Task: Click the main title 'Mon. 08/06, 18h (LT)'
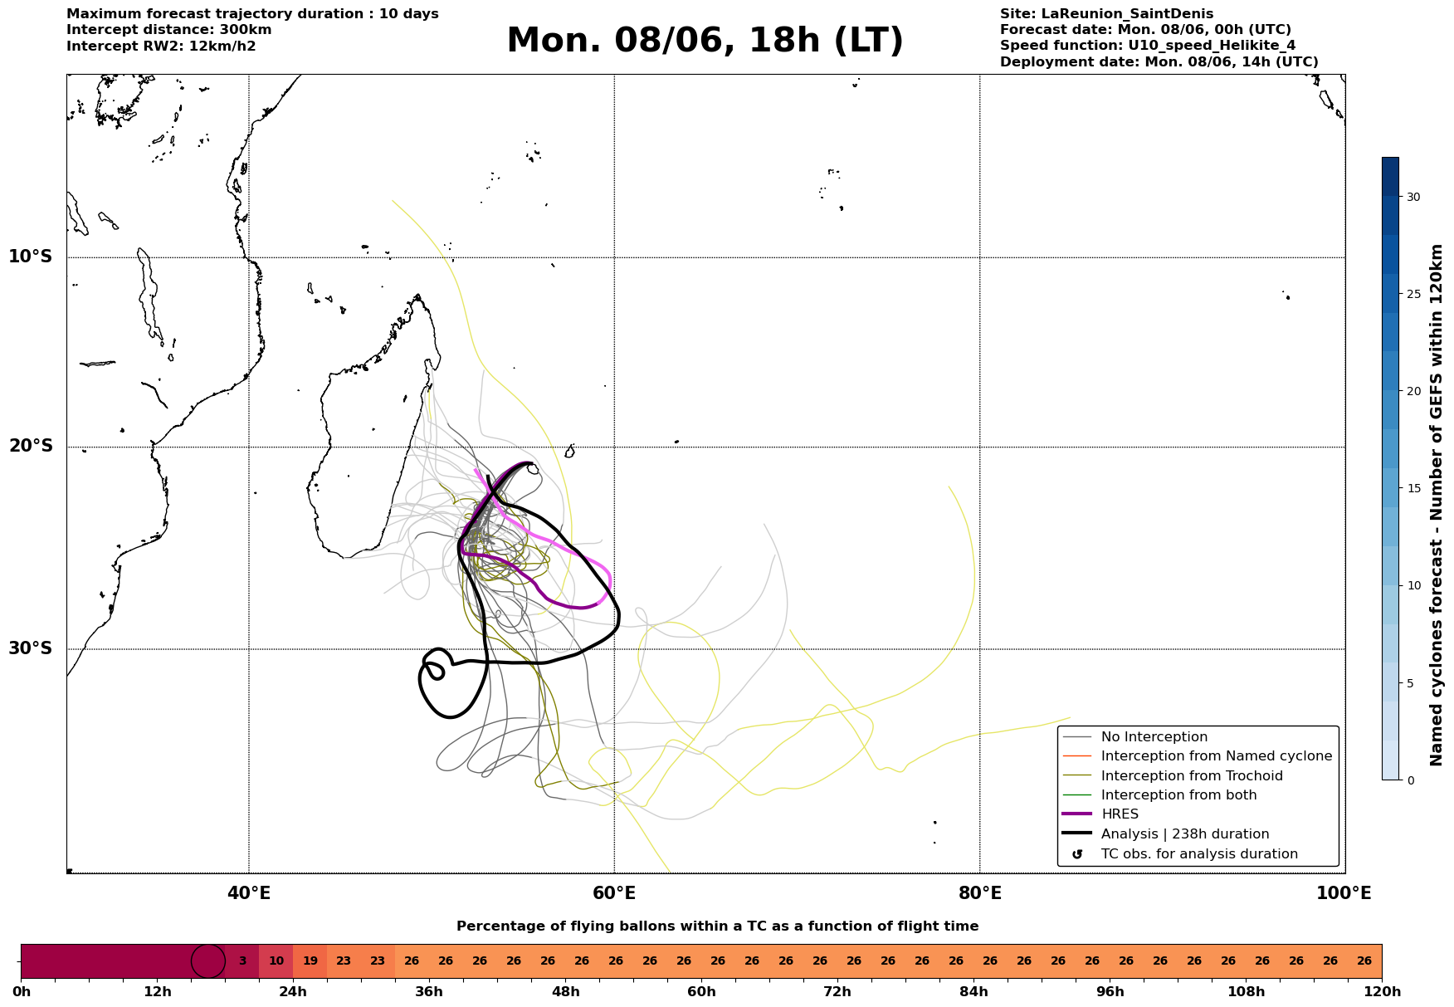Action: [705, 41]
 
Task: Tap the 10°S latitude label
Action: [31, 257]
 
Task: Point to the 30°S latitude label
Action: [31, 648]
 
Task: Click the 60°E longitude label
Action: [614, 893]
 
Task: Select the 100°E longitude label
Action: [1344, 893]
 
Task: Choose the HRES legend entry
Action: [1120, 814]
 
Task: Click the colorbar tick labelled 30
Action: [1413, 197]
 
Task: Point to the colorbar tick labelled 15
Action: [1413, 488]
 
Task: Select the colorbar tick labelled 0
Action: [1410, 780]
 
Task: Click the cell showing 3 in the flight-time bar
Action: [242, 961]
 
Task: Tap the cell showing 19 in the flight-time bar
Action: [310, 961]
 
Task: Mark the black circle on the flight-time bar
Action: [208, 961]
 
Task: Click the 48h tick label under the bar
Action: [565, 992]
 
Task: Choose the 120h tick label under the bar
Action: [1382, 992]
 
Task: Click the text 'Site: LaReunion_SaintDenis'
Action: [1106, 14]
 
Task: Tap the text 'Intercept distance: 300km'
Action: [169, 30]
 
